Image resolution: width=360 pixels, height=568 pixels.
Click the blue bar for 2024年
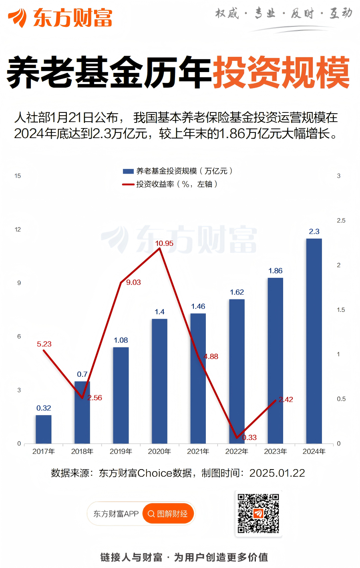pyautogui.click(x=314, y=340)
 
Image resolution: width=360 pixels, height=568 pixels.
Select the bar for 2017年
pyautogui.click(x=44, y=429)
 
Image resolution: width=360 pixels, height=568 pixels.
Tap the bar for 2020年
pyautogui.click(x=159, y=380)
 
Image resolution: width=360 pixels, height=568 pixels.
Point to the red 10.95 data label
pyautogui.click(x=164, y=243)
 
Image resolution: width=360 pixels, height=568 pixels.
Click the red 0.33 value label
pyautogui.click(x=249, y=438)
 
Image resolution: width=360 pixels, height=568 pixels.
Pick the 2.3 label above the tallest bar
pyautogui.click(x=314, y=232)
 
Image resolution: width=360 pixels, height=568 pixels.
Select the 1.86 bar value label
pyautogui.click(x=276, y=271)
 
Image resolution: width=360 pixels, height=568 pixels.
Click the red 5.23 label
pyautogui.click(x=44, y=344)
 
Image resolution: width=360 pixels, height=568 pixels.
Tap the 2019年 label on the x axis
pyautogui.click(x=121, y=452)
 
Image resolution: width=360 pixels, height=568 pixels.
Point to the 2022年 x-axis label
pyautogui.click(x=237, y=452)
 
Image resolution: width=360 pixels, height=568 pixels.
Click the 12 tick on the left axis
pyautogui.click(x=18, y=229)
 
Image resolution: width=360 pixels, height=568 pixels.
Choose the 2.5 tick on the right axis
pyautogui.click(x=341, y=221)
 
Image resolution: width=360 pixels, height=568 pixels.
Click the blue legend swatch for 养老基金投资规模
pyautogui.click(x=128, y=171)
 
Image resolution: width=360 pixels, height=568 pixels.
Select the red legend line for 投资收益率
pyautogui.click(x=128, y=185)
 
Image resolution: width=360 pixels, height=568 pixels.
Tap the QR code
pyautogui.click(x=258, y=513)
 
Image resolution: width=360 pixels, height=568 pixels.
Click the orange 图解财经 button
pyautogui.click(x=168, y=514)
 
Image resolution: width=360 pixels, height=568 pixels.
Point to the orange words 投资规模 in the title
pyautogui.click(x=281, y=73)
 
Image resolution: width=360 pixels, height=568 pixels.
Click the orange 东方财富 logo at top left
pyautogui.click(x=60, y=18)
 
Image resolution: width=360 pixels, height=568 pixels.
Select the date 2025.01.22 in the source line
pyautogui.click(x=277, y=473)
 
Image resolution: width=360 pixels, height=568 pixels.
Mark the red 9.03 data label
pyautogui.click(x=133, y=283)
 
